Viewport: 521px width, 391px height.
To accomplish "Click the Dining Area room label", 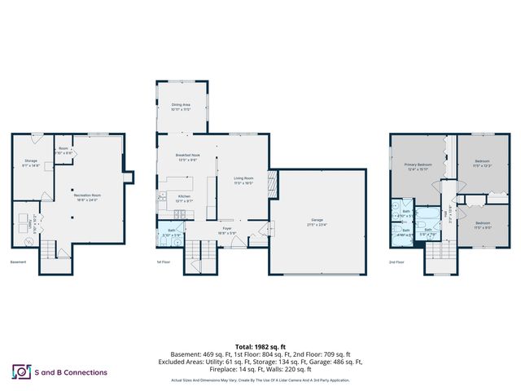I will pyautogui.click(x=181, y=106).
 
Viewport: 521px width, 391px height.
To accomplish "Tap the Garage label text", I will pyautogui.click(x=317, y=222).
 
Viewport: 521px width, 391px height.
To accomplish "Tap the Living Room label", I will pyautogui.click(x=243, y=180).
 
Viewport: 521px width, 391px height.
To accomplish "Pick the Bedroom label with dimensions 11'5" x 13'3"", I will pyautogui.click(x=482, y=163).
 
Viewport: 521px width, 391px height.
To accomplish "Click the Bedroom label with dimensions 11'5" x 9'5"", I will pyautogui.click(x=482, y=225).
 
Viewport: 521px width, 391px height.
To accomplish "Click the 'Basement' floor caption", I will pyautogui.click(x=18, y=262).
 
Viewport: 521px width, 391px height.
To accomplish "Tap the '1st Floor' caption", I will pyautogui.click(x=164, y=262).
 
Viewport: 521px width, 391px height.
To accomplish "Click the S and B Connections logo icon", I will pyautogui.click(x=20, y=371).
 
